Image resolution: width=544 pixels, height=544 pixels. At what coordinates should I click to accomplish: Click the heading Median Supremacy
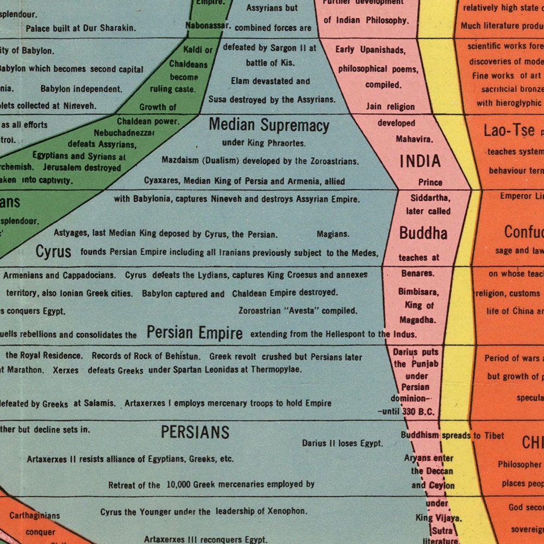tap(269, 126)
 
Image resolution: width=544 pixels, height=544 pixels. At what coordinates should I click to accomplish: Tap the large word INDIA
tap(420, 161)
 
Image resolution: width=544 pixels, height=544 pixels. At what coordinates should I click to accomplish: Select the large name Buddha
tap(423, 233)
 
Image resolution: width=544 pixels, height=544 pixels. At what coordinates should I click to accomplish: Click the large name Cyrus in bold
tap(53, 252)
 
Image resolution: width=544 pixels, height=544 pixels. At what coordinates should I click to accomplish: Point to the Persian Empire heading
tap(195, 333)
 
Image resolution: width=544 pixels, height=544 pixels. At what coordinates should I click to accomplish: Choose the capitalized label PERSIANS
tap(195, 433)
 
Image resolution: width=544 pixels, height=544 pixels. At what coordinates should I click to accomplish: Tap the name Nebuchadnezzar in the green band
tap(124, 133)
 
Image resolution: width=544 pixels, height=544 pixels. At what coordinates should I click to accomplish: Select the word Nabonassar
tap(208, 25)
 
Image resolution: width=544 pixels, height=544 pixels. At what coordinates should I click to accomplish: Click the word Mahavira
tap(414, 139)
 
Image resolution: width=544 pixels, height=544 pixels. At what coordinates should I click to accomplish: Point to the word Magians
tap(333, 234)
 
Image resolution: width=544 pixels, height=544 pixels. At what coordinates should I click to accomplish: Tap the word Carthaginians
tap(35, 515)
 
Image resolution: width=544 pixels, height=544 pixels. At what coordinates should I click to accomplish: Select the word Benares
tap(417, 273)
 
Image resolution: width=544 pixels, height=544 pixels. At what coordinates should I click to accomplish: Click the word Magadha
tap(417, 320)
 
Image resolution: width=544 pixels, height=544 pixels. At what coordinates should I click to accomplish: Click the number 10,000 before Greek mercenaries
tap(180, 484)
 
